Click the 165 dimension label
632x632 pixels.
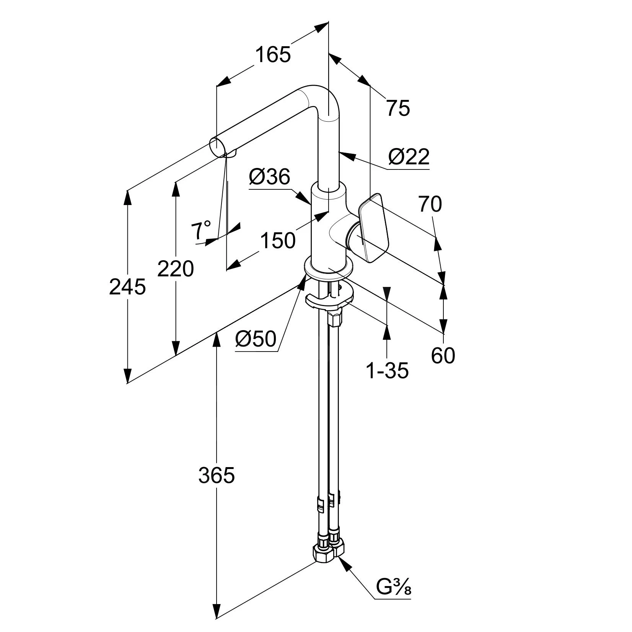click(x=273, y=54)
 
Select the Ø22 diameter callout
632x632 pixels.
click(x=409, y=157)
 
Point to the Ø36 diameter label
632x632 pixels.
click(x=270, y=177)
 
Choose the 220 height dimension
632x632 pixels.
click(x=176, y=269)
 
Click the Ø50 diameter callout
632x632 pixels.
click(x=256, y=339)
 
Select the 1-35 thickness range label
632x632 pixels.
click(x=387, y=370)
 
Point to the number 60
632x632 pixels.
click(x=443, y=356)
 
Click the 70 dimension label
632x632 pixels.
click(x=430, y=204)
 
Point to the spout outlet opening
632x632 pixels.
click(x=218, y=148)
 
